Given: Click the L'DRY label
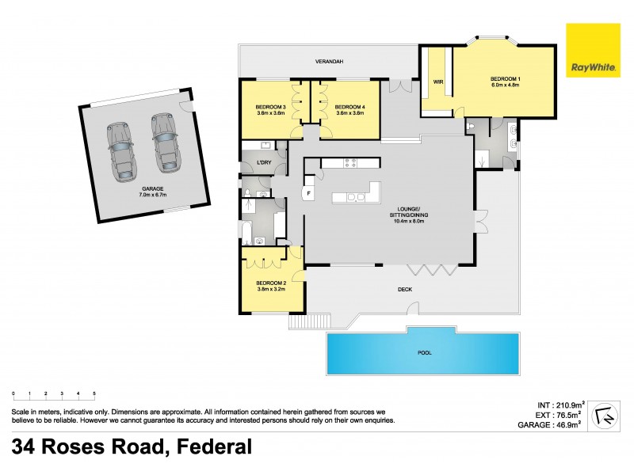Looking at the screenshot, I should pos(254,163).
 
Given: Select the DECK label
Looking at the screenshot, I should pos(404,290).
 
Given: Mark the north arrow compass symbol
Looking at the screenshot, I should pos(605,411).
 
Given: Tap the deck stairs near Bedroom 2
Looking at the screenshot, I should pos(300,321).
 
